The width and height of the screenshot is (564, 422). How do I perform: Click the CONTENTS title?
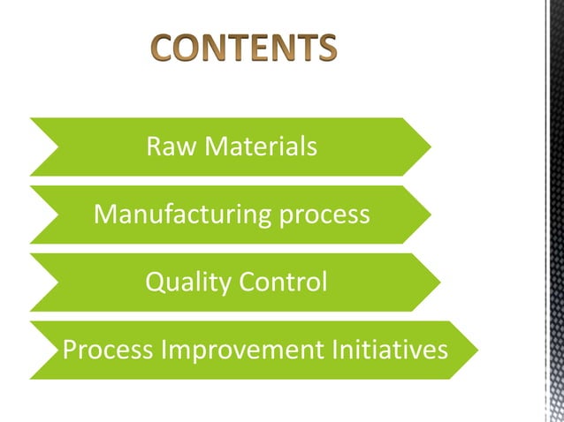pyautogui.click(x=242, y=49)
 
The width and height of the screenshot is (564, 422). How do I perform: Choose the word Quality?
pyautogui.click(x=180, y=282)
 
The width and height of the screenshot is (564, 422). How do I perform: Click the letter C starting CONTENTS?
pyautogui.click(x=163, y=49)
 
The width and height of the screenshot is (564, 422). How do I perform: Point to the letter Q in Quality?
pyautogui.click(x=154, y=282)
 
